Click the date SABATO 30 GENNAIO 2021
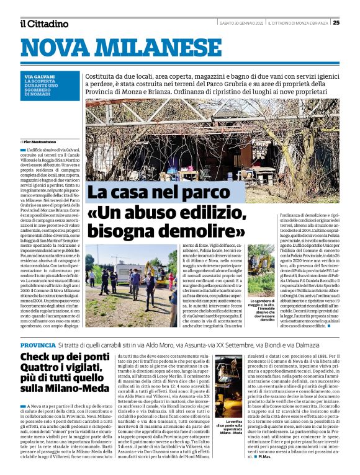241,23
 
